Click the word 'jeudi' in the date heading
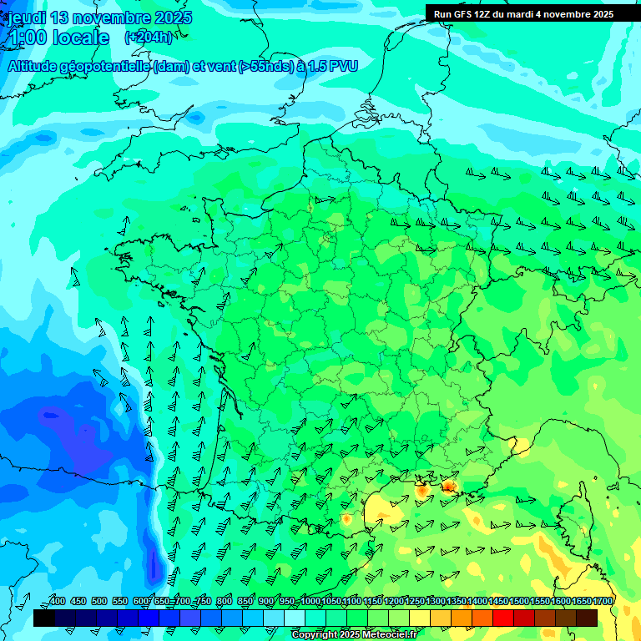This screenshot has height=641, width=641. click(x=26, y=18)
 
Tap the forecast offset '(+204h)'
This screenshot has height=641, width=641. click(x=149, y=37)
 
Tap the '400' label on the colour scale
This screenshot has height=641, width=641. click(x=58, y=601)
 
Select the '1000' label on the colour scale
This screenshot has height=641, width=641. click(x=310, y=601)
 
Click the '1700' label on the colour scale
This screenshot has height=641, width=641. click(x=602, y=601)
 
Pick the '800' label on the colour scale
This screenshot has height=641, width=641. click(x=225, y=601)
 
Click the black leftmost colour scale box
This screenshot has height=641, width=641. click(x=44, y=618)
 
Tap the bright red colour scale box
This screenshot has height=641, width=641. click(x=503, y=618)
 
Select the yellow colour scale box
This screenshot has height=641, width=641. click(x=420, y=618)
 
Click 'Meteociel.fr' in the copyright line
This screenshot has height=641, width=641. click(x=387, y=635)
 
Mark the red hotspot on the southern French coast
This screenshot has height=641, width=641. click(x=449, y=486)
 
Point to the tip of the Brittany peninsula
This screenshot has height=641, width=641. click(x=121, y=246)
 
